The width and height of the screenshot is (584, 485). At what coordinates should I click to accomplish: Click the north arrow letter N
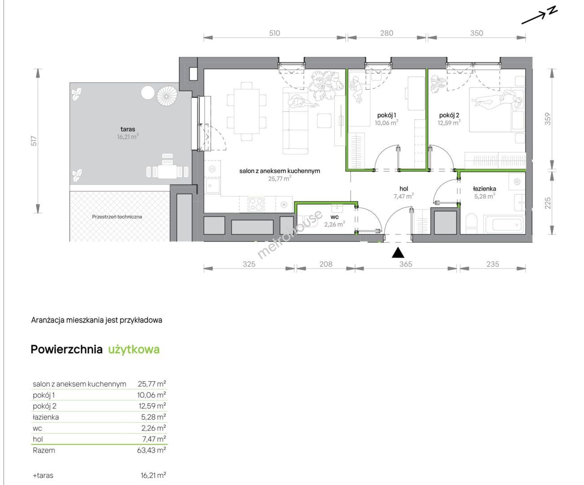pos(552,11)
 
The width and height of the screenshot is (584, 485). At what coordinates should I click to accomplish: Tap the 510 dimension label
pos(274,33)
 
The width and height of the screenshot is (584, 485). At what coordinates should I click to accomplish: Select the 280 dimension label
pos(386,33)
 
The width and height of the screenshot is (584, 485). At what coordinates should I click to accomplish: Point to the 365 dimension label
pos(405,264)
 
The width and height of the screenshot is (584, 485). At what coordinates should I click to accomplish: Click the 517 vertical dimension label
pos(34,141)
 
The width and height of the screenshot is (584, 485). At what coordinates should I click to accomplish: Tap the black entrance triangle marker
pos(398,252)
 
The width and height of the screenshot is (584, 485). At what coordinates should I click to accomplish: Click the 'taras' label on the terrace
pos(127,129)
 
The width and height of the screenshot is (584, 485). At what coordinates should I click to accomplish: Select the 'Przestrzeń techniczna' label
pos(117,216)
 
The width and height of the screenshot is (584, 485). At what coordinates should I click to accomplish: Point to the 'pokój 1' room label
pos(386,115)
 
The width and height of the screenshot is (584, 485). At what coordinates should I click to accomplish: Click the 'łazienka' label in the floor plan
pos(484,189)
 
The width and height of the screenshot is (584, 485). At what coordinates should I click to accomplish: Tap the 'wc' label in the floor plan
pos(334,217)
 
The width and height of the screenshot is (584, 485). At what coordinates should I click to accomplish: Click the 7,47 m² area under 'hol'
pos(404,196)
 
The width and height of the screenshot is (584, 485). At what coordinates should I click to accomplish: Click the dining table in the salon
pos(246,111)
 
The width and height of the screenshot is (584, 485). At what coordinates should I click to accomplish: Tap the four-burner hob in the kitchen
pos(256,204)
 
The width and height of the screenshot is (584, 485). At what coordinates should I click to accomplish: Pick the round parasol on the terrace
pos(167,96)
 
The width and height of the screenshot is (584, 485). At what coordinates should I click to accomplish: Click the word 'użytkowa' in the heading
pos(134,349)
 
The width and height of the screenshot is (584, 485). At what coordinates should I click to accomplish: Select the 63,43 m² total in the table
pos(151,450)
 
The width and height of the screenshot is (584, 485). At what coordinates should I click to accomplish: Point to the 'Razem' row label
pos(44,450)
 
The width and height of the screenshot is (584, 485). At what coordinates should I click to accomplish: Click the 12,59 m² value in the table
pos(152,406)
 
